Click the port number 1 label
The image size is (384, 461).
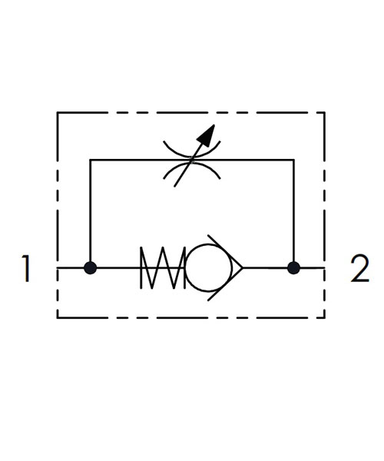coord(26,268)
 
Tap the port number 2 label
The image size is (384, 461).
coord(359,268)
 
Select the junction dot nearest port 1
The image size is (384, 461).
coord(90,268)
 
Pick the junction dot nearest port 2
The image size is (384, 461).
coord(293,268)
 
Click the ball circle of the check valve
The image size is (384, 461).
coord(185,268)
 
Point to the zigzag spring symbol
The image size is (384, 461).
coord(163,268)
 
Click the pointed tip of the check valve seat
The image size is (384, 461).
coord(243,268)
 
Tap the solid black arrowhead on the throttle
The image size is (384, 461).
coord(207,135)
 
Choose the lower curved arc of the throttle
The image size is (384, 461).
coord(191,164)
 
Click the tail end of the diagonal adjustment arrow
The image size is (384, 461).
coord(174,187)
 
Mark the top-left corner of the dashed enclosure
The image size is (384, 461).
coord(58,112)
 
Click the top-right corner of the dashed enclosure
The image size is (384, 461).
coord(325,112)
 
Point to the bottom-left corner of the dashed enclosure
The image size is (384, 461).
coord(58,318)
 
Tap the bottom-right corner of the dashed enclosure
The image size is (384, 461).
coord(325,318)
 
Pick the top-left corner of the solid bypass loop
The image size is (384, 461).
coord(90,160)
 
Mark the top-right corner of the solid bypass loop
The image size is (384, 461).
coord(293,160)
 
